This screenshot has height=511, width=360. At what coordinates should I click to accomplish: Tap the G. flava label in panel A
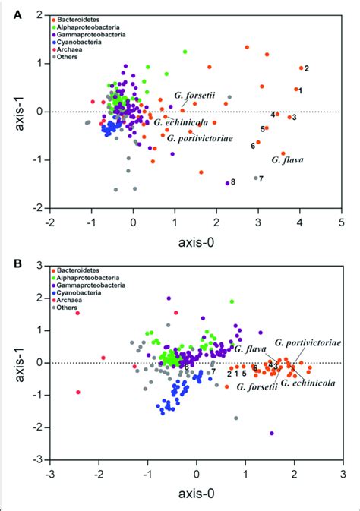286,160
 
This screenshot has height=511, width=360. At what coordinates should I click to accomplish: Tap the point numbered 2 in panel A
301,68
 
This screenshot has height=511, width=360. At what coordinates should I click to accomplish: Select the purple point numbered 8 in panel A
227,183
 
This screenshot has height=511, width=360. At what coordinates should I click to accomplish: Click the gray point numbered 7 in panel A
255,178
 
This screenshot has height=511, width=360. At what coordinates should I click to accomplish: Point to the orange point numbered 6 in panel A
258,142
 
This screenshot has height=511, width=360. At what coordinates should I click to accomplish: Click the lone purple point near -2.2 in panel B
272,433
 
